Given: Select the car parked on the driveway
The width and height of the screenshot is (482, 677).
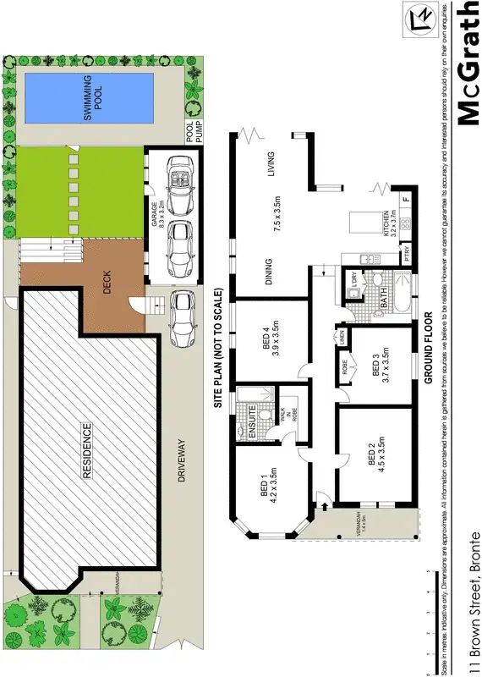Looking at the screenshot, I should click(180, 320).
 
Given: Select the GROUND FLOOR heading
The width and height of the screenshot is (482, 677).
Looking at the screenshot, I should click(430, 348).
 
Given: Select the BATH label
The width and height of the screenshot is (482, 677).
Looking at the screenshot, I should click(383, 298).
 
